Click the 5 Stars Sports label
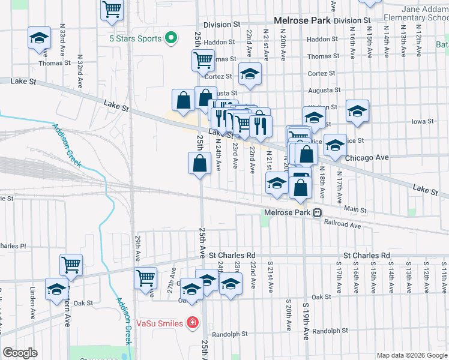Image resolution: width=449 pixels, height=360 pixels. coord(135,38)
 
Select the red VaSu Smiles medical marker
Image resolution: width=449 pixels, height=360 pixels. coord(192,323)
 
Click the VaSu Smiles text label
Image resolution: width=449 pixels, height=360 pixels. coord(160,323)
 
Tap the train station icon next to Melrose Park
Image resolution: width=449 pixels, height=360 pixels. coord(318,212)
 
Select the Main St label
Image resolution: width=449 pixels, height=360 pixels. coord(355,209)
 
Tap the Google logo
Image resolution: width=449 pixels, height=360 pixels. coord(20,353)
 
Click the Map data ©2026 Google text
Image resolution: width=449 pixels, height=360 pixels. coord(411,355)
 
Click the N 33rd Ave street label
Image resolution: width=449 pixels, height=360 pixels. coord(62,37)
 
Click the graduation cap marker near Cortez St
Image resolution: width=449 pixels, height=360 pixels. coord(250,74)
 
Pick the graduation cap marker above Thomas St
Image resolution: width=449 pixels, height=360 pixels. coord(39,38)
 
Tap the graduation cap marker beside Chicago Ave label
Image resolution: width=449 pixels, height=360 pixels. coord(335,145)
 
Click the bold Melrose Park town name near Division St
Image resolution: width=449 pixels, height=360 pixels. coord(302,20)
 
